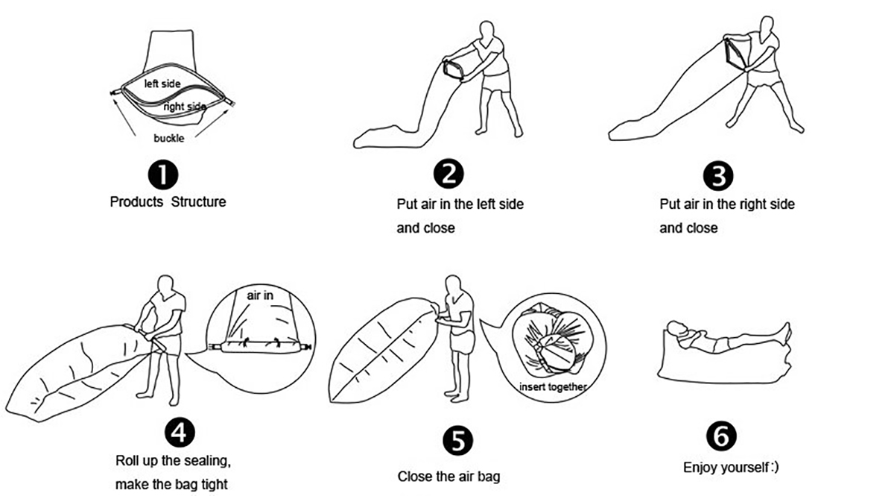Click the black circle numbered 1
click(163, 175)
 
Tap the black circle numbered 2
click(448, 175)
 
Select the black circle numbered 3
click(718, 176)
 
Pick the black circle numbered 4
click(180, 433)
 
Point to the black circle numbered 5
click(457, 441)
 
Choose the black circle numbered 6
click(721, 436)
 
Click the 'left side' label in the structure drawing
click(162, 84)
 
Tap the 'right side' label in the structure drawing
click(185, 107)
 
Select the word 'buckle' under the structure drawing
click(169, 138)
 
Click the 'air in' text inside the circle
click(260, 295)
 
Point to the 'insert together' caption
click(553, 387)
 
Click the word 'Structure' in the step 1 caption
click(198, 202)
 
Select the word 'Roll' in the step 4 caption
click(126, 460)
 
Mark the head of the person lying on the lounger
click(677, 328)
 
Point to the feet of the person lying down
click(786, 333)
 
